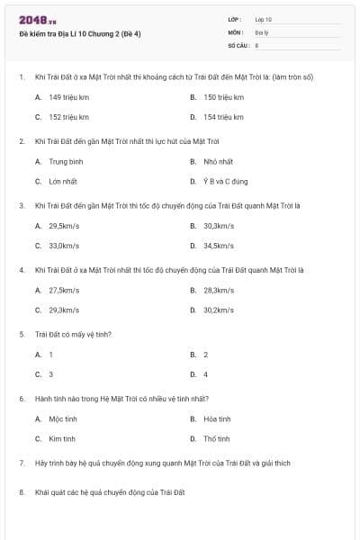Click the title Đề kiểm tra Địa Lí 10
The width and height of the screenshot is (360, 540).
[79, 33]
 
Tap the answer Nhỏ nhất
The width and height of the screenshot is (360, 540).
[218, 161]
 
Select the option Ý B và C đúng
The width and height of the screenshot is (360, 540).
[225, 181]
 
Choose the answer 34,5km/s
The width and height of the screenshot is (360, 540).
[219, 246]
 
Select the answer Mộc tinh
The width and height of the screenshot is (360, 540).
[63, 418]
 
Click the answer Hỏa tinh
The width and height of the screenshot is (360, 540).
[217, 418]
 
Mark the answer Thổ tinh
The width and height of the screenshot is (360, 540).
[217, 438]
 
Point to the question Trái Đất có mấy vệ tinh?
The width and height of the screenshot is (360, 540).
[73, 334]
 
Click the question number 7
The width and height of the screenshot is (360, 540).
[21, 463]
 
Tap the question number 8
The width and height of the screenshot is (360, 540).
[21, 492]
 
